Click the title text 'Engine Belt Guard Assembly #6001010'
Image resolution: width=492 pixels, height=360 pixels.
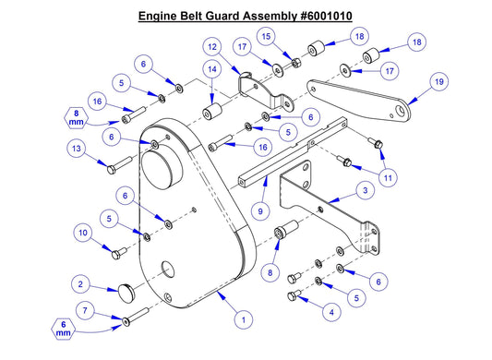coord(245,17)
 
